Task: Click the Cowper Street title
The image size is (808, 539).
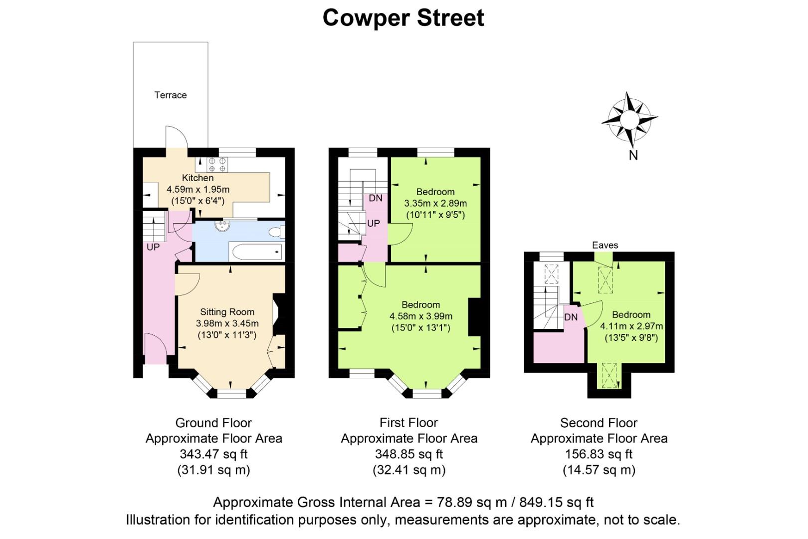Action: pos(404,18)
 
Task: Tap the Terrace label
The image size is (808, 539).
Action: pos(171,95)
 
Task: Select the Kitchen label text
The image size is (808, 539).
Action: pos(198,178)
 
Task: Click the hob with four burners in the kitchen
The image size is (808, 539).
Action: pos(217,164)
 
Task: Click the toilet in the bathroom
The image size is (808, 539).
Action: pos(277,232)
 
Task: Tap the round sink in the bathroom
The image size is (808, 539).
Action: pos(222,226)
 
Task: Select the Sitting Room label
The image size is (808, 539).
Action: pos(227,312)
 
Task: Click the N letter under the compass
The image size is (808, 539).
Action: pos(633,155)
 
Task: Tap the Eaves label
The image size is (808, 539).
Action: pos(605,246)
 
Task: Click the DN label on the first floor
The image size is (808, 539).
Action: pos(376,198)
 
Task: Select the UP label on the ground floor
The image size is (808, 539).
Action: pos(153,248)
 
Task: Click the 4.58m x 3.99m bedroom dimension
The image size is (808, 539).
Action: pos(421,316)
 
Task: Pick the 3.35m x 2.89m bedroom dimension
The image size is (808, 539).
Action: pos(435,203)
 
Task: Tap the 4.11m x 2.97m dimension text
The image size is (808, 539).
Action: pos(631,326)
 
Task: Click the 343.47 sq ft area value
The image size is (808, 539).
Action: pos(213,454)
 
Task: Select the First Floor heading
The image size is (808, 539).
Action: pos(408,422)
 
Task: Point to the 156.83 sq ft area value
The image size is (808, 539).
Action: pos(599,454)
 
